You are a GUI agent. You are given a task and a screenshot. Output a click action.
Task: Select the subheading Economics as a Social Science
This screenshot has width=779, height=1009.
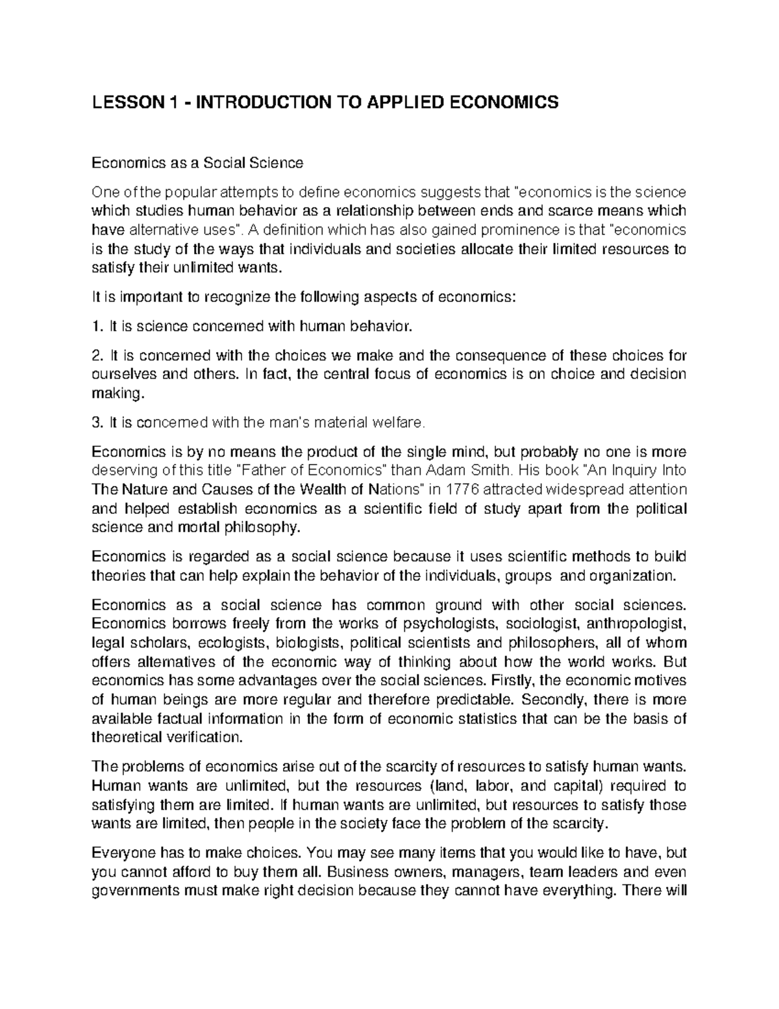click(x=197, y=162)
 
